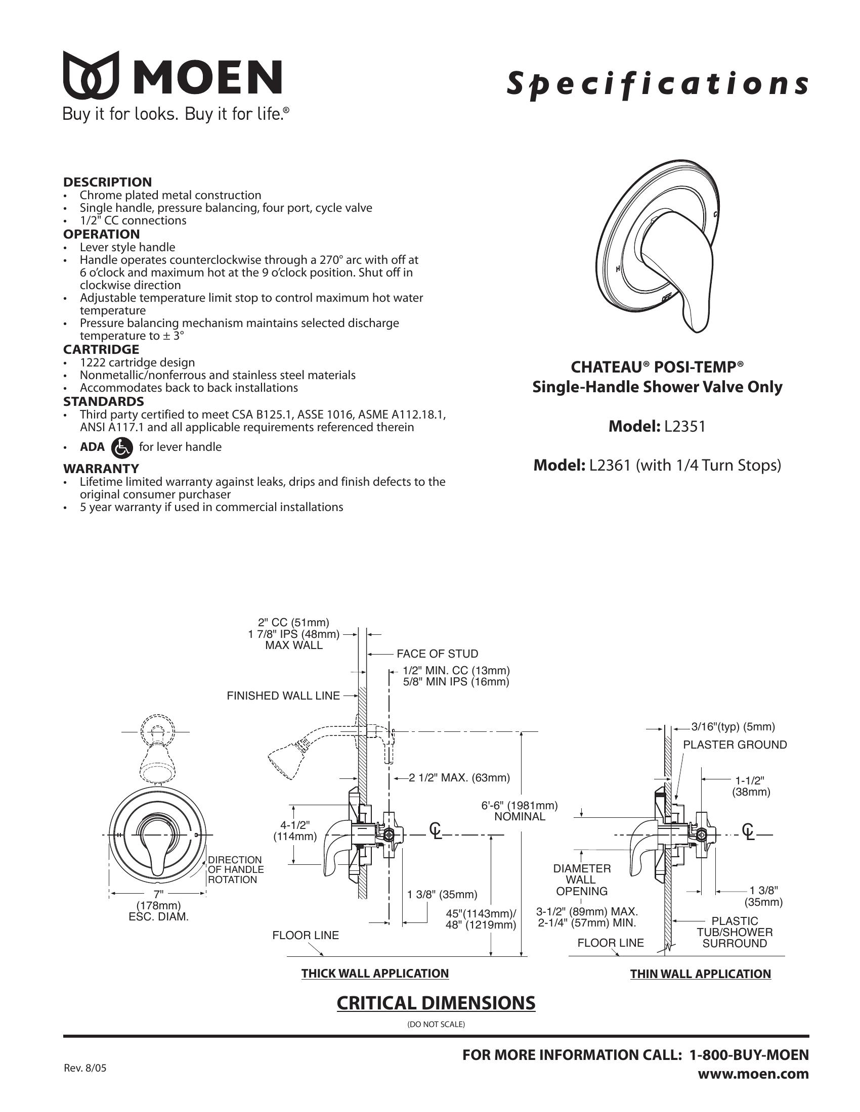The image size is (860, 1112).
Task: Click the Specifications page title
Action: click(657, 83)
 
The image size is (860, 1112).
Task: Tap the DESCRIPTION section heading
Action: click(107, 182)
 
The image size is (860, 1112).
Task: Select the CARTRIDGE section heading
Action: click(101, 349)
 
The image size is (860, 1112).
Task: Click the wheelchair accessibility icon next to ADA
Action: click(121, 447)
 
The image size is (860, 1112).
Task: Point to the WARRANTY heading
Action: click(101, 468)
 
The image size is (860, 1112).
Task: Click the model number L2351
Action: click(684, 426)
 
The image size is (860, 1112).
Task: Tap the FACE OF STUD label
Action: click(437, 654)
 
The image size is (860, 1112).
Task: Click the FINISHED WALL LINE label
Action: click(283, 696)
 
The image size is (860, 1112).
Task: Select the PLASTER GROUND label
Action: click(735, 745)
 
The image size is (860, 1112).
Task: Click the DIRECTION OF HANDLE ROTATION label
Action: click(235, 870)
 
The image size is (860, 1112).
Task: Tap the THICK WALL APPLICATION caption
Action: click(375, 974)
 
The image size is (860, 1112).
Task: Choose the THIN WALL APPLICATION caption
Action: click(701, 974)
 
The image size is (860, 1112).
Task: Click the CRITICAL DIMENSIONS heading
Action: click(436, 1002)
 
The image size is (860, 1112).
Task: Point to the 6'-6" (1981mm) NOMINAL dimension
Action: click(520, 811)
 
